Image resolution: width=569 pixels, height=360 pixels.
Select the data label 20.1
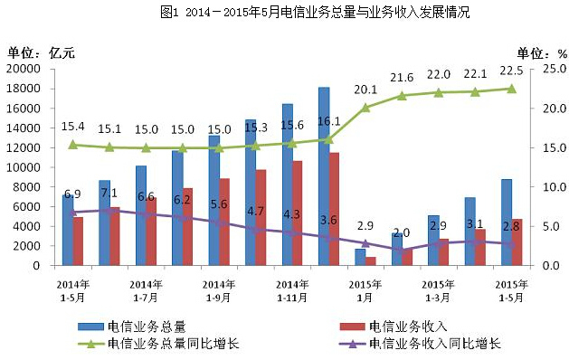tap(365, 90)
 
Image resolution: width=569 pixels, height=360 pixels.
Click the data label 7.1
tap(109, 193)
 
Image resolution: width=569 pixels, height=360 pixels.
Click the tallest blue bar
tap(323, 176)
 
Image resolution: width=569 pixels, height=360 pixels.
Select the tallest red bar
tap(334, 209)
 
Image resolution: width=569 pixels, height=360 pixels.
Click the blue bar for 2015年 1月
tap(360, 257)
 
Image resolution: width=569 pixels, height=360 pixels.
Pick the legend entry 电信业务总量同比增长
tap(173, 343)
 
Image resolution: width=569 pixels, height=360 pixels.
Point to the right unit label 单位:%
tap(541, 52)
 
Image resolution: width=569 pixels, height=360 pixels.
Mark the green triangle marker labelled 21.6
tap(402, 95)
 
